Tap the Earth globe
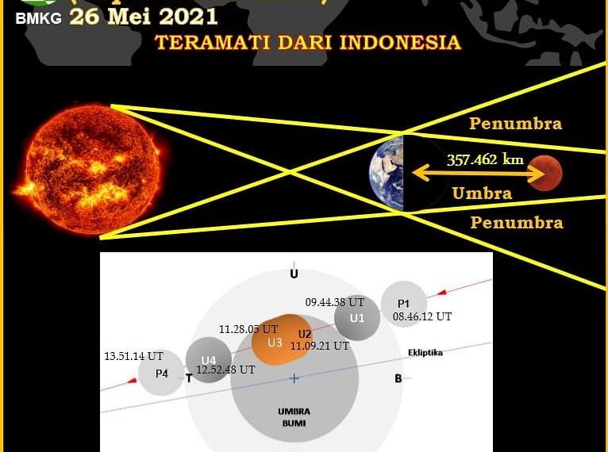[387, 172]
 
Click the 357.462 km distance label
[485, 159]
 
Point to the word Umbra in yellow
[482, 193]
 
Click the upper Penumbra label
[515, 124]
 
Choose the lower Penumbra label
[517, 223]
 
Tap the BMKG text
[38, 18]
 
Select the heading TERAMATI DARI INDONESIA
[308, 42]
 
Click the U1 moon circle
[357, 318]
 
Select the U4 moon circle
[209, 360]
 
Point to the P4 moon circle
[161, 373]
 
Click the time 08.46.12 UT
[422, 316]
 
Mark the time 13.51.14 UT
[133, 357]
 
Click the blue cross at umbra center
[294, 379]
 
